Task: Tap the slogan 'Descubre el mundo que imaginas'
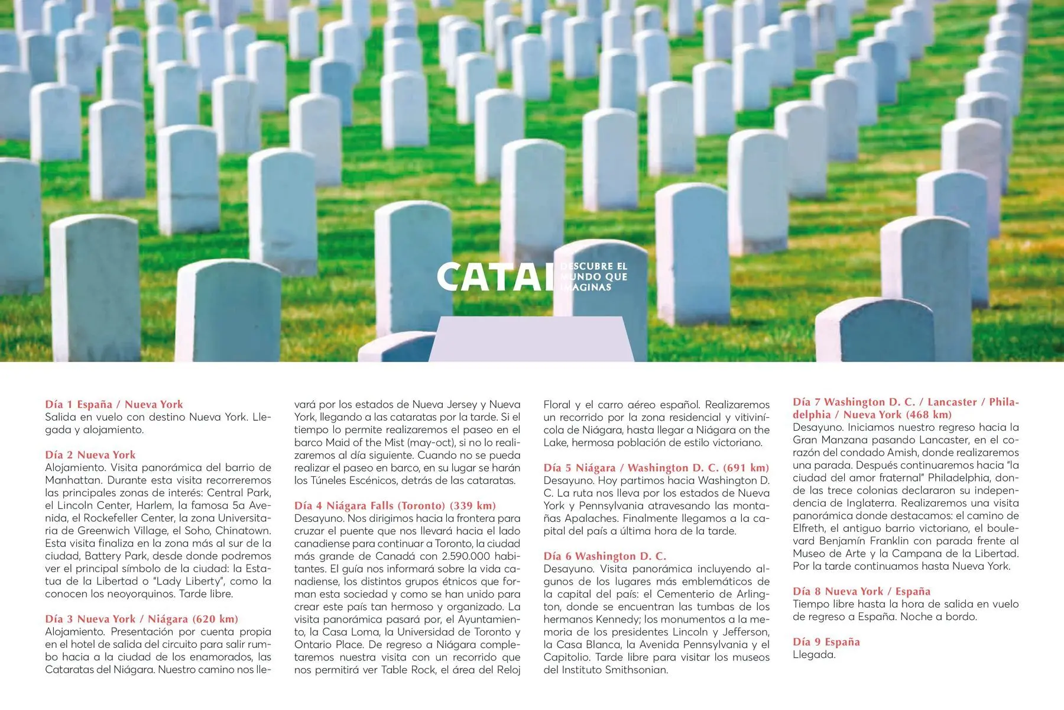click(x=593, y=277)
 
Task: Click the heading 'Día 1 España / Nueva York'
click(x=114, y=405)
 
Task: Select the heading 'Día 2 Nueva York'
click(x=90, y=455)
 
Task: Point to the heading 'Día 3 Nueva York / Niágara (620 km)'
click(x=142, y=619)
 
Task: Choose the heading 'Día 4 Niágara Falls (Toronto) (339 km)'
click(x=395, y=506)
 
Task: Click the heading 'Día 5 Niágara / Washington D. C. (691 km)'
click(x=656, y=468)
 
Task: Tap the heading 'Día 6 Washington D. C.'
click(x=605, y=556)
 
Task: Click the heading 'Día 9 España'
click(x=826, y=642)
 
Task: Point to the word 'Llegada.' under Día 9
click(x=814, y=655)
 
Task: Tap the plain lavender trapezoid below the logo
click(x=531, y=340)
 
